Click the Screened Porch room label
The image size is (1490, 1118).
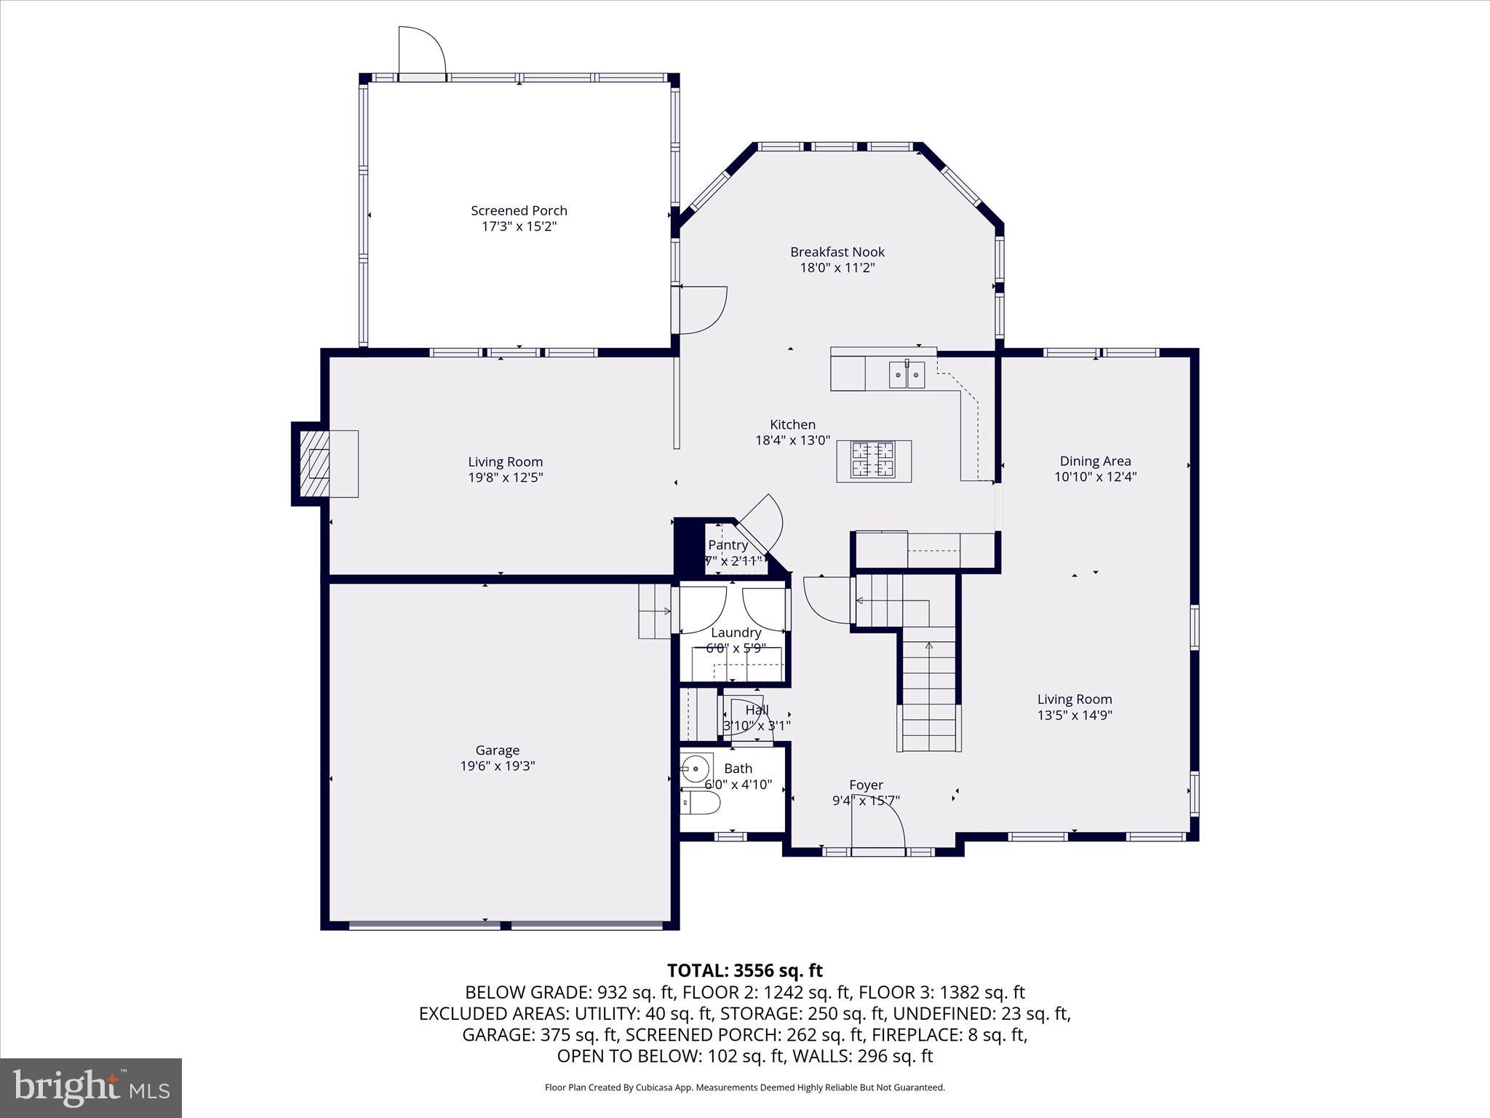click(x=519, y=210)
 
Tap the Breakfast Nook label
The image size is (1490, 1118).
click(x=837, y=252)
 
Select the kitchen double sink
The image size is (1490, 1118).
click(x=907, y=375)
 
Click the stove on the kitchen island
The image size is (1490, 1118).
click(x=873, y=460)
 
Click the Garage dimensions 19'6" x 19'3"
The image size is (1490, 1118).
click(x=498, y=766)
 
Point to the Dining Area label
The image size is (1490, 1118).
click(x=1095, y=461)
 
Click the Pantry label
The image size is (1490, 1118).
click(x=728, y=545)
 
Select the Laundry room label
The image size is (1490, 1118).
click(x=736, y=633)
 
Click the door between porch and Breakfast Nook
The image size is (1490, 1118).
click(x=702, y=310)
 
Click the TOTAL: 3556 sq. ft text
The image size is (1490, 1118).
click(x=744, y=970)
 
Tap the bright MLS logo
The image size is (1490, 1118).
click(x=91, y=1087)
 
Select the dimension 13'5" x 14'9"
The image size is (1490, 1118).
click(x=1075, y=715)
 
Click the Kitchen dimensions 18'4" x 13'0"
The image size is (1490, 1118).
click(x=792, y=440)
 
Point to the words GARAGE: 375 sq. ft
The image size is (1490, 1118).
click(x=539, y=1035)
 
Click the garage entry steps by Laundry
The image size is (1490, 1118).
click(x=655, y=611)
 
